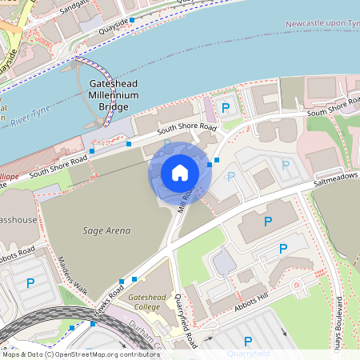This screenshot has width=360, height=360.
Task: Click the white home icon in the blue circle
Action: tap(180, 172)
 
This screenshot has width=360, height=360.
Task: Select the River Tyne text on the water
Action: tap(30, 111)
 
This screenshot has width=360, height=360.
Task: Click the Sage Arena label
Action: tap(106, 230)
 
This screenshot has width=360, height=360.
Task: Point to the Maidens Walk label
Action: tap(73, 274)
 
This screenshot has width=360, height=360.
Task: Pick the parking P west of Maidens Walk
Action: tap(30, 282)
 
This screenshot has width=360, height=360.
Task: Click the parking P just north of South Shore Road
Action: tap(226, 108)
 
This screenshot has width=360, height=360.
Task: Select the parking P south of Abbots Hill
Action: tap(247, 341)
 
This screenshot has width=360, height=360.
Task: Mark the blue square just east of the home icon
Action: tap(210, 164)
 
